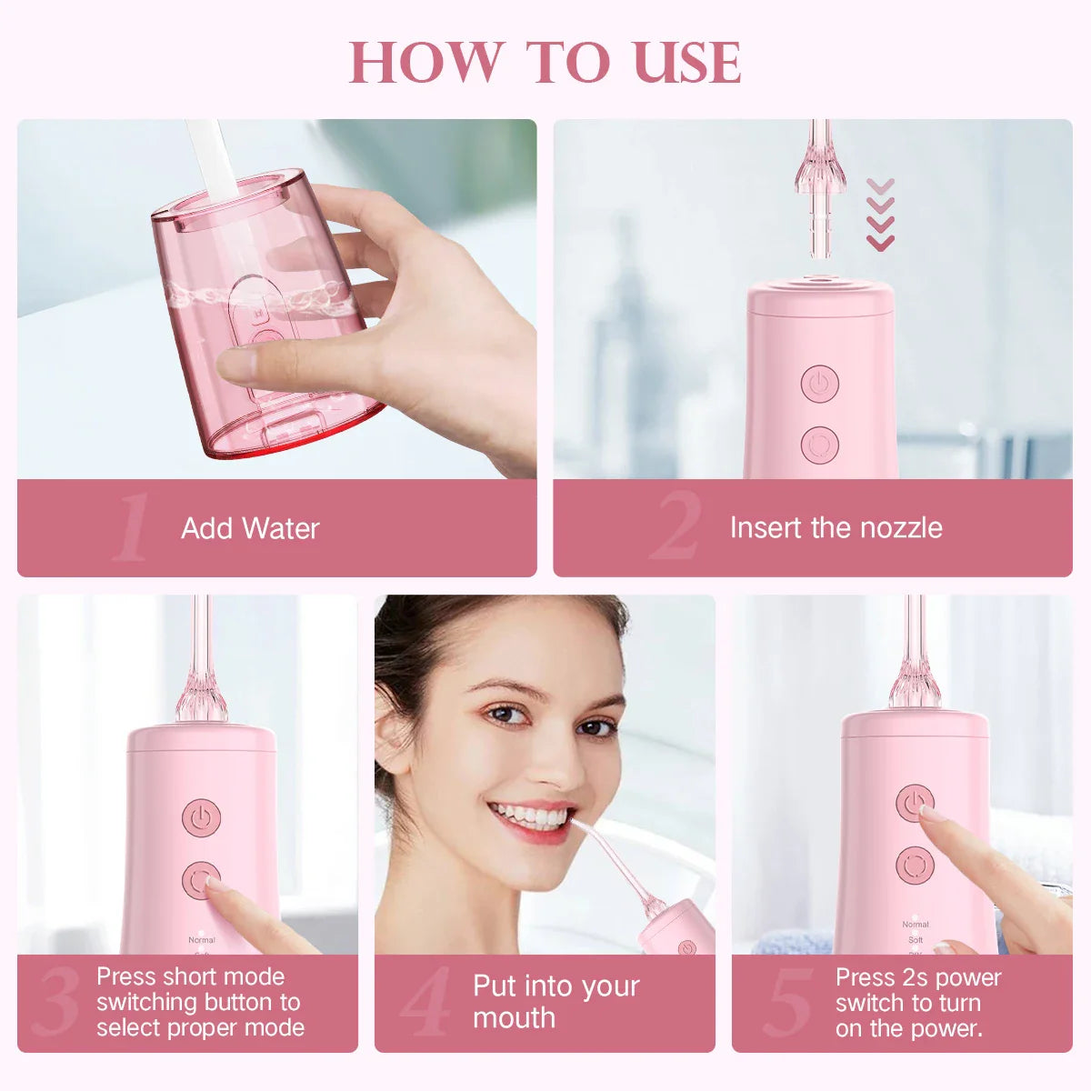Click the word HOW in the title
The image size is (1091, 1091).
point(425,63)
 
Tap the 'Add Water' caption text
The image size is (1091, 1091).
point(250,528)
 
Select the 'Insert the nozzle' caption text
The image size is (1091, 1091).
point(836,527)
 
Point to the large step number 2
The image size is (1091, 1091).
point(676,525)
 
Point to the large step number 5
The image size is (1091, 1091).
point(787,1002)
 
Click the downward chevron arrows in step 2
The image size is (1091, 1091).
point(880,215)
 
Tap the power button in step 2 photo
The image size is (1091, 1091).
point(819,384)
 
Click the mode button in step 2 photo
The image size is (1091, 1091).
point(819,445)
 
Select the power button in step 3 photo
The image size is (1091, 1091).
point(201,817)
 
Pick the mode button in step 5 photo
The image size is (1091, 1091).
point(915,866)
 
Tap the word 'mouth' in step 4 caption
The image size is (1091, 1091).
point(514,1017)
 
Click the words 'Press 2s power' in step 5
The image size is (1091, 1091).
point(918,977)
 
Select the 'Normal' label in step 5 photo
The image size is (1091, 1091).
point(916,925)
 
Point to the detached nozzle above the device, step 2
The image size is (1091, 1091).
point(819,188)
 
